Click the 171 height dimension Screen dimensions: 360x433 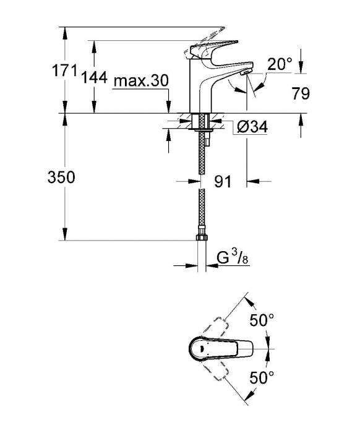(x=64, y=71)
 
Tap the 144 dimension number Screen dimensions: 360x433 (x=94, y=77)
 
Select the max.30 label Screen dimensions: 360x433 (x=141, y=81)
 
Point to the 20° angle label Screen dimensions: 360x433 (x=280, y=64)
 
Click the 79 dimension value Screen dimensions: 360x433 (x=301, y=93)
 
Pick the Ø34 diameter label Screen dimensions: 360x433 (x=252, y=127)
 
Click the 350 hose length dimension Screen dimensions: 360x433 (x=61, y=177)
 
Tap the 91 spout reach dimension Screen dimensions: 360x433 (x=222, y=181)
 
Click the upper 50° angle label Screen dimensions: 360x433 (x=262, y=320)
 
